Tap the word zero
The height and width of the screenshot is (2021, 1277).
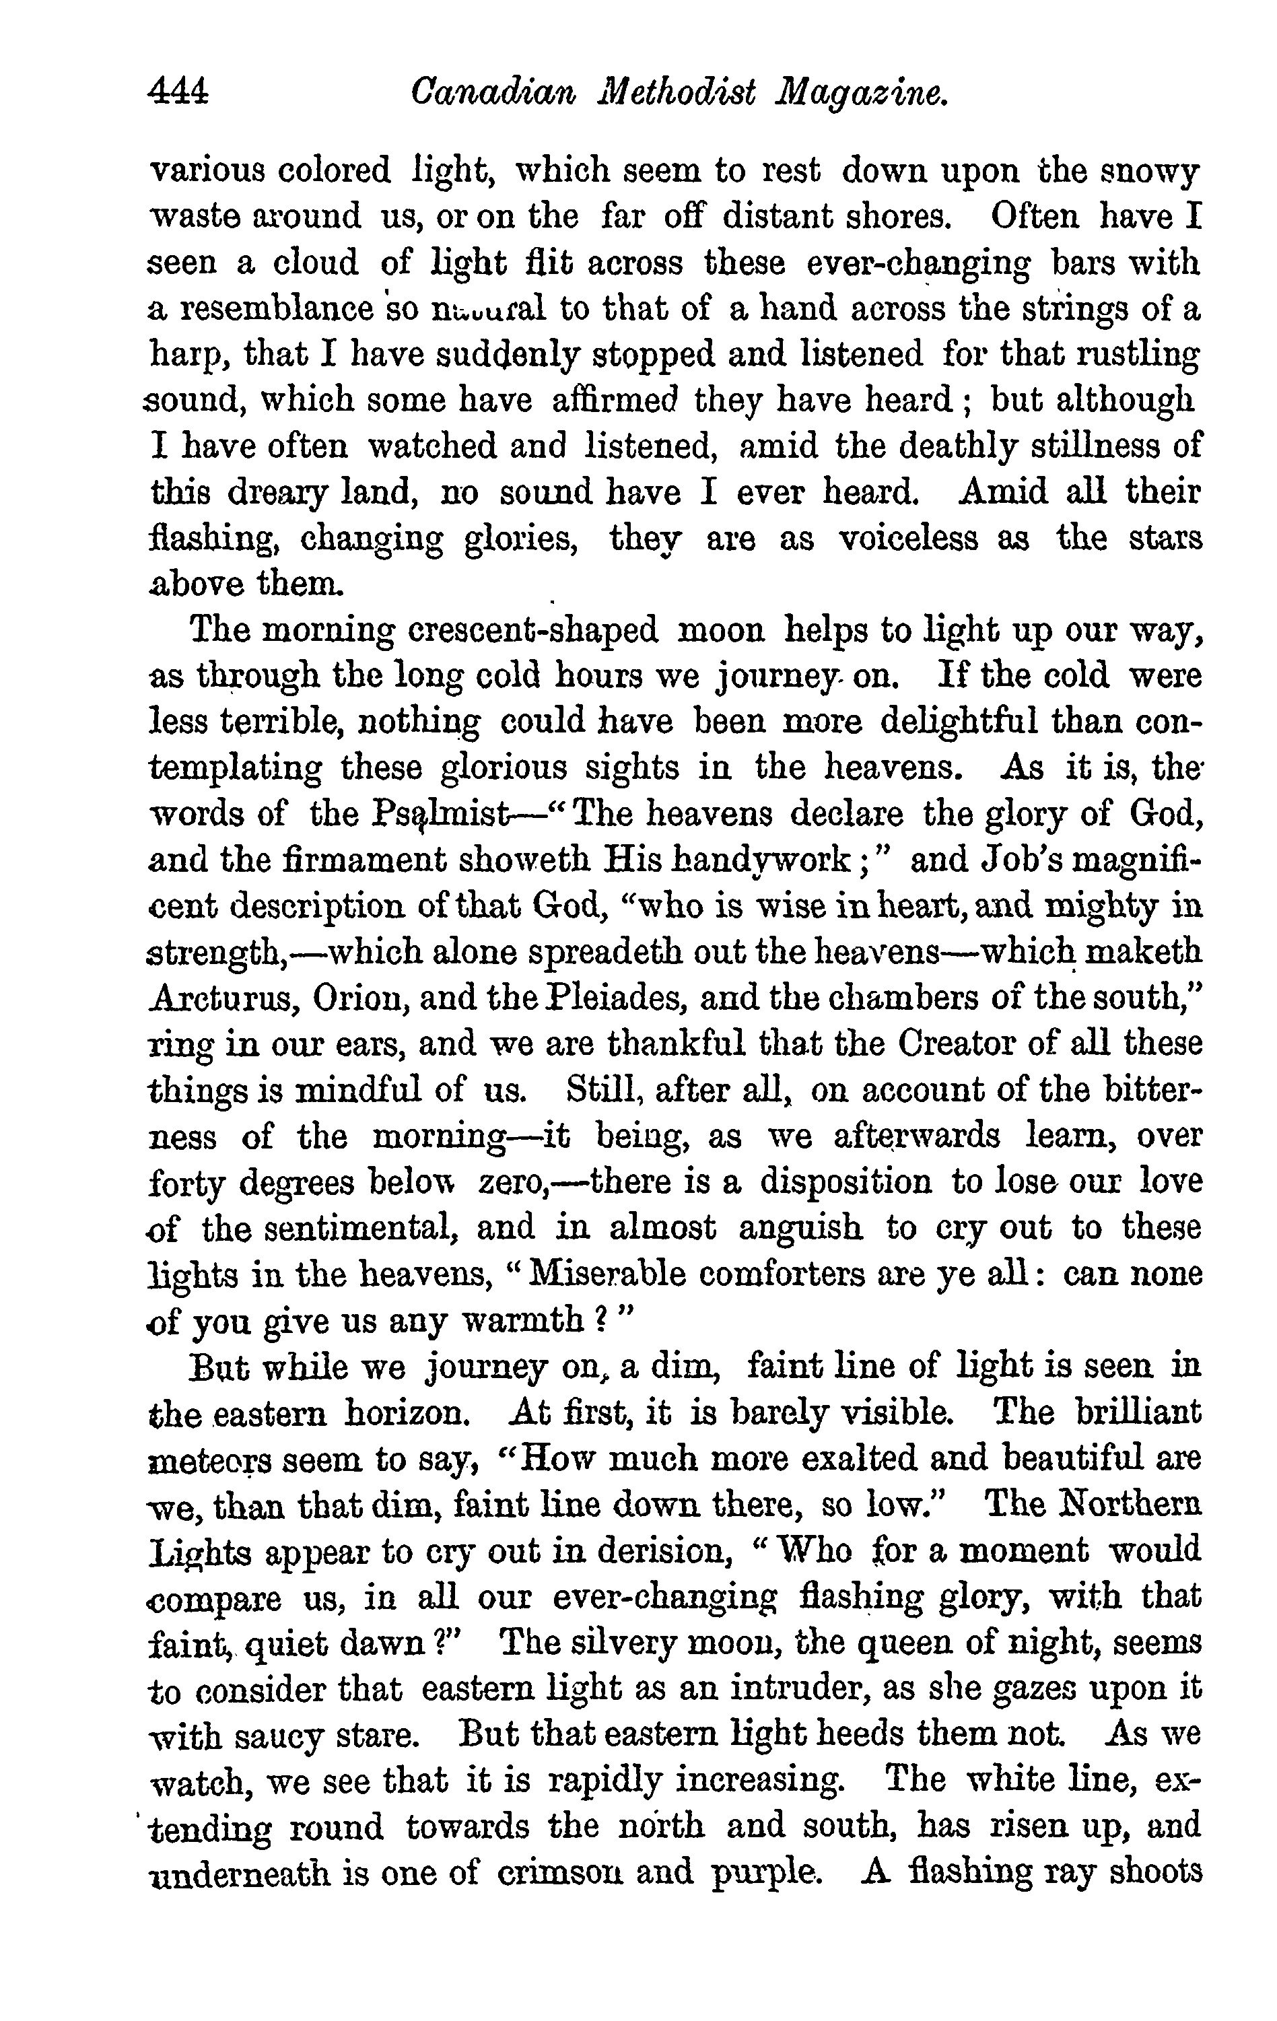[512, 1181]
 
